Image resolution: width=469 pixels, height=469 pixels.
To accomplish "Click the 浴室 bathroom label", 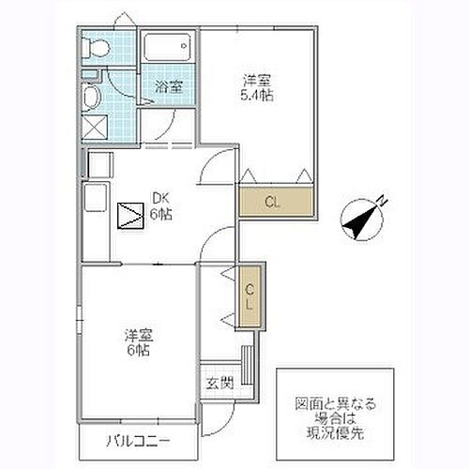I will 168,86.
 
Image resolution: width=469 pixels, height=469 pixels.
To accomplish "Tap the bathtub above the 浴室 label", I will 168,48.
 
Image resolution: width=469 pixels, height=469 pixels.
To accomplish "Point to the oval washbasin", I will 92,98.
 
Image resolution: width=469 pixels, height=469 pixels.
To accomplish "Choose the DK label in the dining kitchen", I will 160,197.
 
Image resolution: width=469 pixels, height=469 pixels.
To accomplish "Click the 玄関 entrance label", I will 215,383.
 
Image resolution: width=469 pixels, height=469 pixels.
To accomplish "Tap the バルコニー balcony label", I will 137,439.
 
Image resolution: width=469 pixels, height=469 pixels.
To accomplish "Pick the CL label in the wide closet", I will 272,202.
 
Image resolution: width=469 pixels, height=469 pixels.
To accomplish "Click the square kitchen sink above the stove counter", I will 96,165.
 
